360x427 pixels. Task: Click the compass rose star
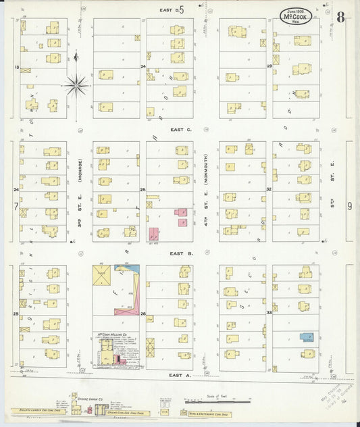76,85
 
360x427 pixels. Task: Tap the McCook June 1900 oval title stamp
296,16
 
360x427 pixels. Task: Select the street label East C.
181,129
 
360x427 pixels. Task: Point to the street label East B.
181,253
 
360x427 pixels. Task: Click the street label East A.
181,374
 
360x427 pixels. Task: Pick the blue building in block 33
307,336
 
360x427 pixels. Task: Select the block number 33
269,313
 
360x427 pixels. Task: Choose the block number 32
269,189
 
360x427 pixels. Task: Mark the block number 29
269,66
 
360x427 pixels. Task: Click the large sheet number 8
340,17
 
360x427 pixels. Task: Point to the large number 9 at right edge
349,206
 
